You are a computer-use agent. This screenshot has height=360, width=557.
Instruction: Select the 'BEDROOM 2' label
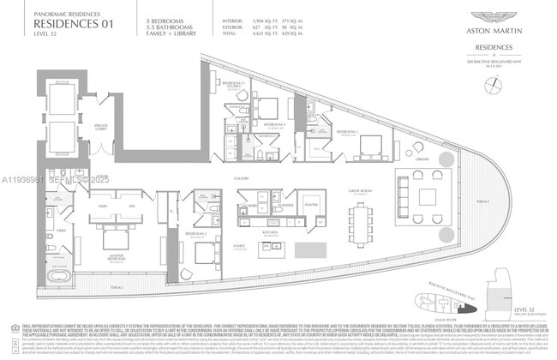pyautogui.click(x=196, y=233)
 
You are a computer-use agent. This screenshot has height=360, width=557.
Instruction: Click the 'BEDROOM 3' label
pyautogui.click(x=346, y=131)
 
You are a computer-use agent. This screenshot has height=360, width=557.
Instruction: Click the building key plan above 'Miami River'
pyautogui.click(x=436, y=303)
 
